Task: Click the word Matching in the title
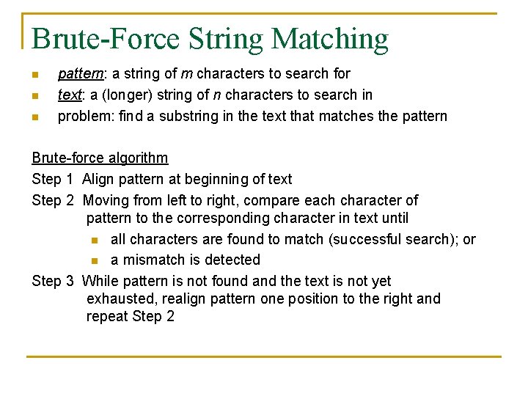329,39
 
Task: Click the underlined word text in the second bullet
69,95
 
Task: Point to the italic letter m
187,74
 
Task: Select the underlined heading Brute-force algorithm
100,158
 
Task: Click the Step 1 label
53,179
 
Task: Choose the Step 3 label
53,281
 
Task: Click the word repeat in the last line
107,317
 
